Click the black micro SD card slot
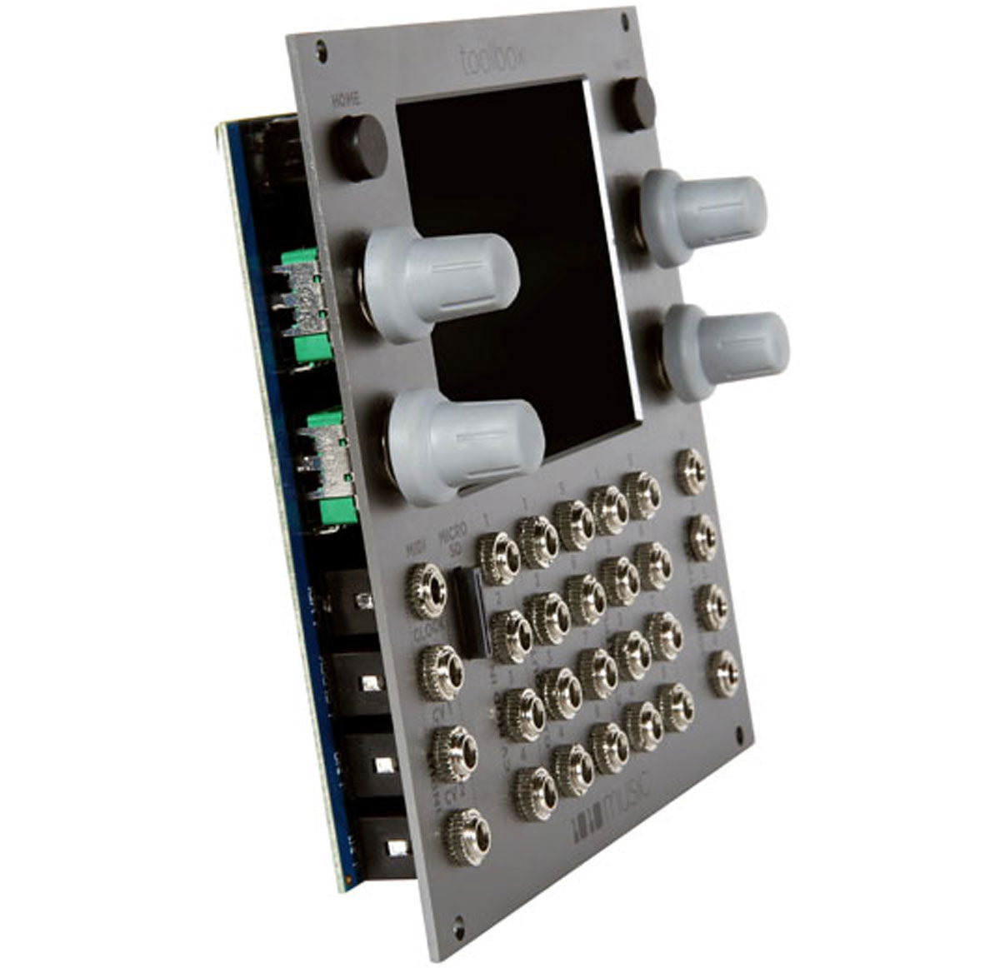[472, 613]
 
